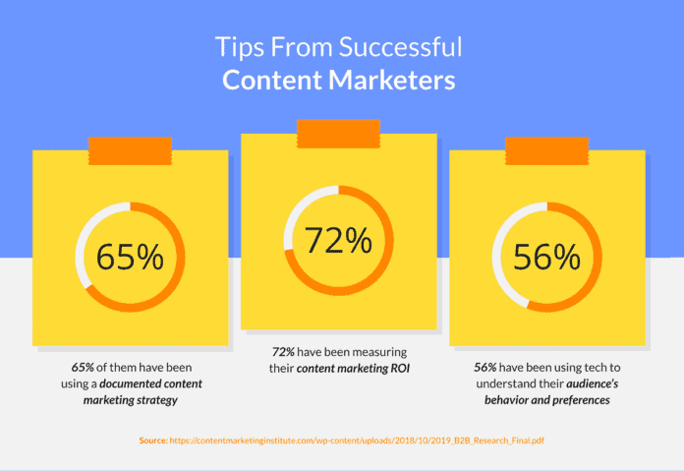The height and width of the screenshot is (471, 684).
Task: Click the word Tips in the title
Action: click(x=240, y=47)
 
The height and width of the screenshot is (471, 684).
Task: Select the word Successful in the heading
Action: click(x=400, y=47)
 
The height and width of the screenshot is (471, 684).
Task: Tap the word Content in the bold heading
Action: click(x=272, y=80)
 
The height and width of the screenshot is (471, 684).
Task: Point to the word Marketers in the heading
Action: click(x=392, y=80)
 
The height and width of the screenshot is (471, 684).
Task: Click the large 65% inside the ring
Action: click(x=130, y=257)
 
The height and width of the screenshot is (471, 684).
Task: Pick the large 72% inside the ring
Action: click(x=338, y=240)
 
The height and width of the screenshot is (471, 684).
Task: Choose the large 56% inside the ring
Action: click(x=547, y=257)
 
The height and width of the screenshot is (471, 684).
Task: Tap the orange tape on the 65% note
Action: click(x=130, y=151)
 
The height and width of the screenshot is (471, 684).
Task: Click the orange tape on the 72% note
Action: click(x=338, y=134)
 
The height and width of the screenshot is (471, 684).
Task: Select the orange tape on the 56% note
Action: click(x=547, y=151)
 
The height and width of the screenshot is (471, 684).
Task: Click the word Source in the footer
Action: click(x=153, y=441)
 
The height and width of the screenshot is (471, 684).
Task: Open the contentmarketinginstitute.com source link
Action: click(x=357, y=441)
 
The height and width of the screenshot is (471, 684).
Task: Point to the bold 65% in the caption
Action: click(x=83, y=368)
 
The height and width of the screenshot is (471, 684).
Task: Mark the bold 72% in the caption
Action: click(x=283, y=352)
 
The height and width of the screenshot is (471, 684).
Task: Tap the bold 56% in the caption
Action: click(x=485, y=368)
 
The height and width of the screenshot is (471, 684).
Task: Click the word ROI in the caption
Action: click(x=400, y=369)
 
